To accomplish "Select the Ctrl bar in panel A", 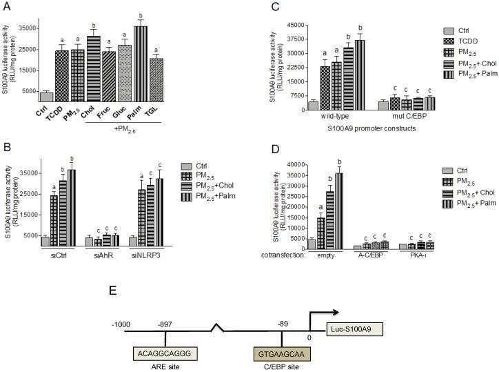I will [46, 97].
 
